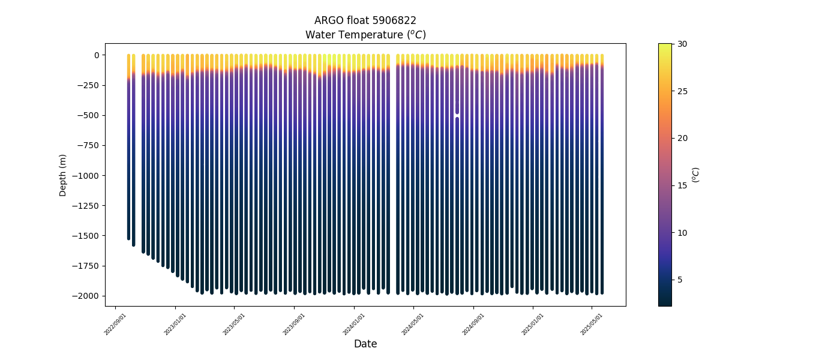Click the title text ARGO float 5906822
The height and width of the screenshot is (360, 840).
click(365, 20)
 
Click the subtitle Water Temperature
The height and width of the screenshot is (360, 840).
click(365, 35)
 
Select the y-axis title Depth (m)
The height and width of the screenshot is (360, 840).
click(63, 175)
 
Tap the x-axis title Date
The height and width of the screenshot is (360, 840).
click(365, 344)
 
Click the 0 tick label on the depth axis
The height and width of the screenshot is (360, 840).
click(96, 55)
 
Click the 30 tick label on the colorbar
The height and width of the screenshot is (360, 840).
click(682, 44)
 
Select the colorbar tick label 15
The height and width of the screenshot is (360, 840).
click(682, 185)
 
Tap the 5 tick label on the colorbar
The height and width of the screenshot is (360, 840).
click(680, 280)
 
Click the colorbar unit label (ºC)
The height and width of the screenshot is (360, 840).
click(696, 175)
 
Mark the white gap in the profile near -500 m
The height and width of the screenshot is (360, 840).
click(457, 113)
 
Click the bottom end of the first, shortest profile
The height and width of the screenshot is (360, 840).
click(128, 238)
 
